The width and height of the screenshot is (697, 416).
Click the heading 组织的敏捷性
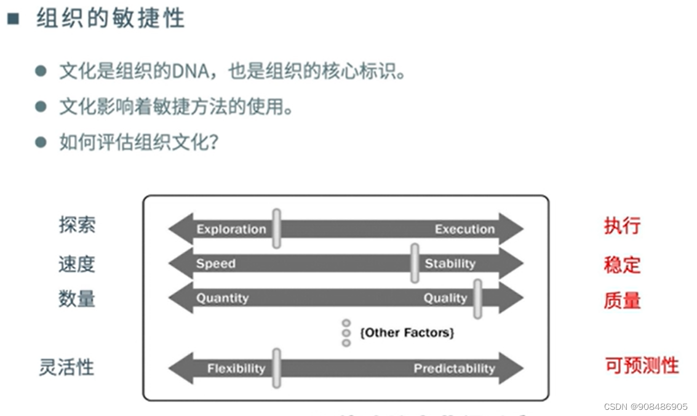110,18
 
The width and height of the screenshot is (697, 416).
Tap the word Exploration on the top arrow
231,230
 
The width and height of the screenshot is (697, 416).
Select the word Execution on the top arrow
464,230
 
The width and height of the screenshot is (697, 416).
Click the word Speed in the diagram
216,264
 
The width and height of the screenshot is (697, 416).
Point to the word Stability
450,264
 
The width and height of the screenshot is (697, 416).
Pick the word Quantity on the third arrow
222,298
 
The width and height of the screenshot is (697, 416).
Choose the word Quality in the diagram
445,298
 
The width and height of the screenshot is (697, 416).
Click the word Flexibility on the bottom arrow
236,369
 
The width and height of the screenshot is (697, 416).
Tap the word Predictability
454,369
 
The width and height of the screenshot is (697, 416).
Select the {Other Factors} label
407,333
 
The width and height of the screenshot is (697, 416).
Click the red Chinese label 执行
622,226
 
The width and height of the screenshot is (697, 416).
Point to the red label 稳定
622,265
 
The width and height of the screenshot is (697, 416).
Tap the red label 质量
622,300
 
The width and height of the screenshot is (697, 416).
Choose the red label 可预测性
642,366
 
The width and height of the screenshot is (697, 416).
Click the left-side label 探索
77,225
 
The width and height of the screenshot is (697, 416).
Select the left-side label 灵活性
66,368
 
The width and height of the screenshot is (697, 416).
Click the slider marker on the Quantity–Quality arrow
477,298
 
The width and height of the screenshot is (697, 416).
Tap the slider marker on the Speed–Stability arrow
415,263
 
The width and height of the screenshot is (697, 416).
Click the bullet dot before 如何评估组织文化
41,143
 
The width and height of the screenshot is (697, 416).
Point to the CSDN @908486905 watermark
645,407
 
